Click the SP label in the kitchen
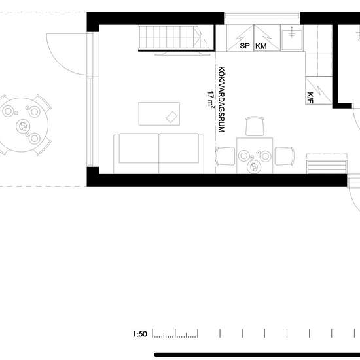coord(245,46)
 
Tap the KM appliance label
coord(261,46)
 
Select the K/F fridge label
coord(310,98)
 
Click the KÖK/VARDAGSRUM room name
coord(221,99)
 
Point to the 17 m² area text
coord(211,99)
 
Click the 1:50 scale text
coord(140,334)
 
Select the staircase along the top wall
coord(176,38)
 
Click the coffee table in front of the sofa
coord(159,114)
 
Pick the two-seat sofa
coord(158,153)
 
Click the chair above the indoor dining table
coord(255,126)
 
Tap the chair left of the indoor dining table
coord(225,156)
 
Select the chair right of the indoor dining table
coord(285,156)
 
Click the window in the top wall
coord(262,16)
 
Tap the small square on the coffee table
coord(171,117)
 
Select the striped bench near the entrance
coord(327,164)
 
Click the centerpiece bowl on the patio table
coord(23,126)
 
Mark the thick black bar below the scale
coord(257,355)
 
